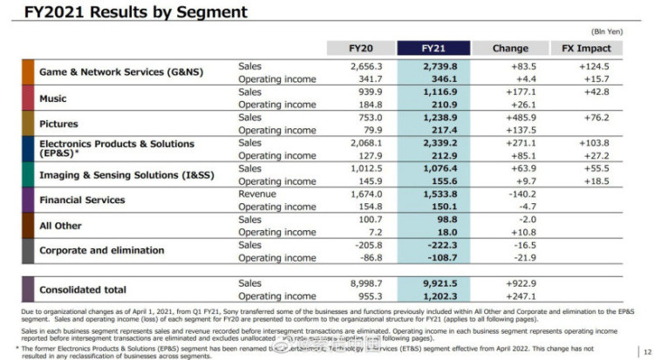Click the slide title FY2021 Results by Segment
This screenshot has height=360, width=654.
coord(129,12)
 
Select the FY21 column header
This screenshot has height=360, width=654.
coord(433,48)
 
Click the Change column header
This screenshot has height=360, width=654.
coord(510,48)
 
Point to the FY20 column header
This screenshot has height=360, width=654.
coord(361,48)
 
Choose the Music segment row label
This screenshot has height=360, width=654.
coord(53,98)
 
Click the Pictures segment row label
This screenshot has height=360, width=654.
coord(58,124)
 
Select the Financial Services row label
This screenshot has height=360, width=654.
coord(82,200)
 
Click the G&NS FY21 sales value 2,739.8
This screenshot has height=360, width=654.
coord(433,66)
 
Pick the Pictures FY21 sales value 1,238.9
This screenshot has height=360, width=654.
coord(433,117)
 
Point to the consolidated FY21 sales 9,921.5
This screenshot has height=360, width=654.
coord(433,283)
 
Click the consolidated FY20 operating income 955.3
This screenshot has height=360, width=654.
coord(365,296)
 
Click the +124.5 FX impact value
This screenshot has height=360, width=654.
coord(593,66)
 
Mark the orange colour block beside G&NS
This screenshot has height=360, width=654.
coord(28,72)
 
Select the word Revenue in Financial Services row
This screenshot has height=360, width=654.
coord(257,194)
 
